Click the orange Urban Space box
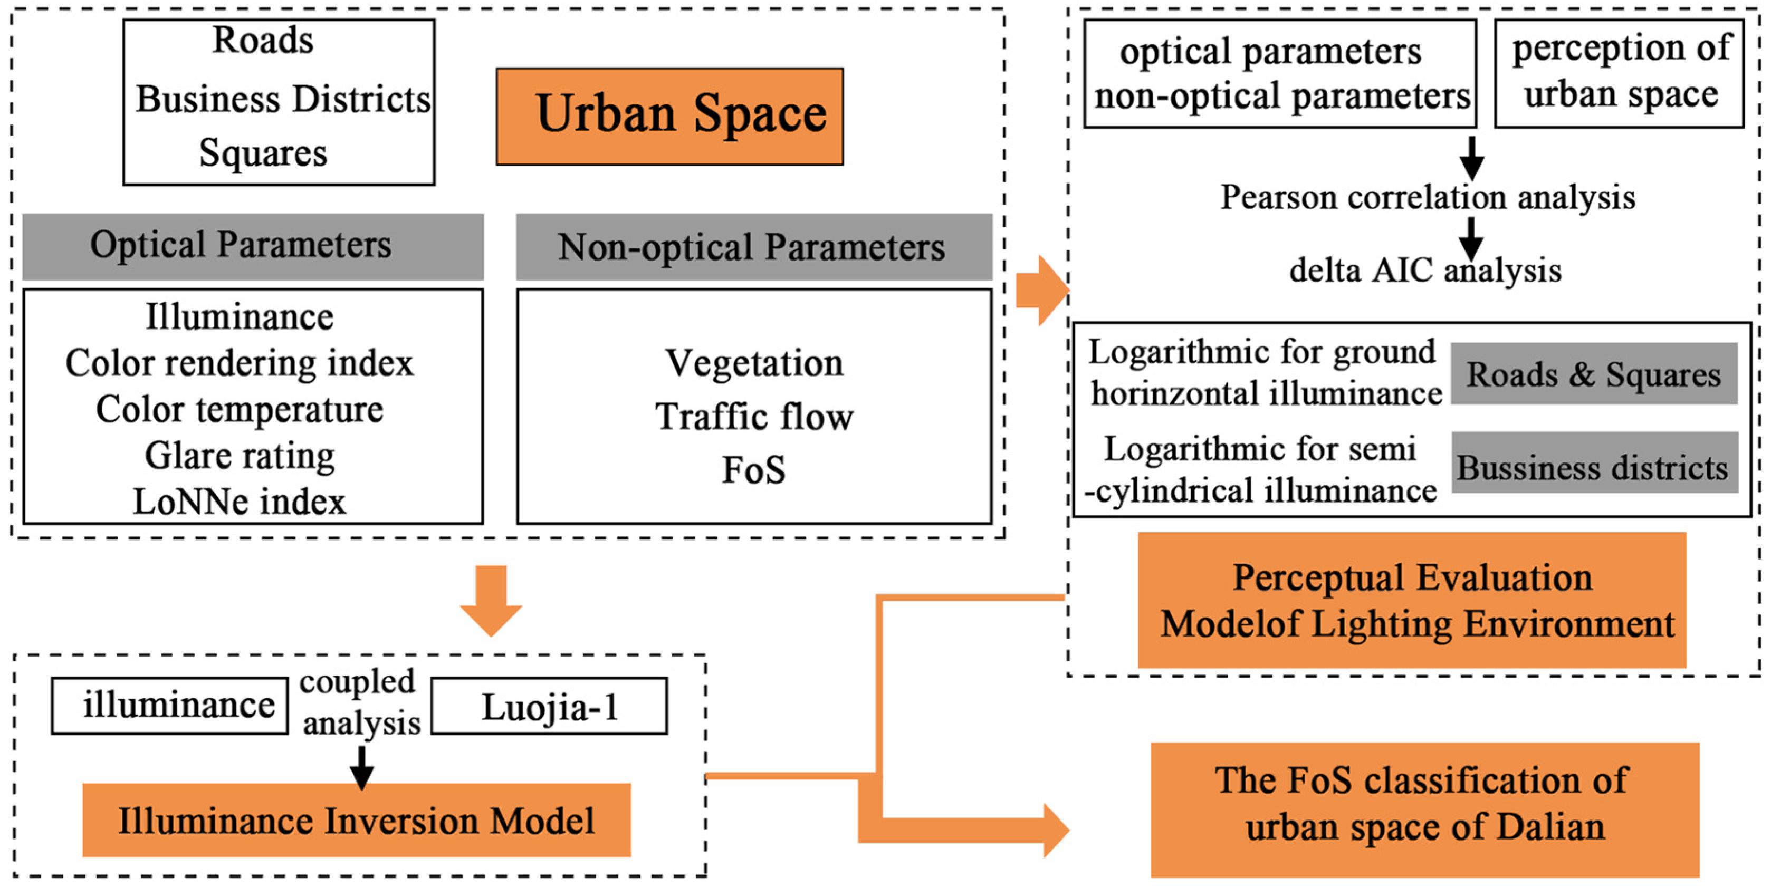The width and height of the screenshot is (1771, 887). click(x=669, y=115)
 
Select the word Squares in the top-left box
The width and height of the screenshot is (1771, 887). click(x=263, y=152)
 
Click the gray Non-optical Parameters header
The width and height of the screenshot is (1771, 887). click(x=753, y=247)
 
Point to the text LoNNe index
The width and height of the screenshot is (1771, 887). click(x=240, y=502)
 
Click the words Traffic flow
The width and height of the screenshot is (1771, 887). click(x=753, y=417)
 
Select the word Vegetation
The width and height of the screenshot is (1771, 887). click(x=753, y=363)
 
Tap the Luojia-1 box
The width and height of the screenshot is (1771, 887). click(x=549, y=706)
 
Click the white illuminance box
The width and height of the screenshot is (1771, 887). click(x=170, y=706)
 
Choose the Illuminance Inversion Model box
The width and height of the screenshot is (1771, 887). click(x=356, y=821)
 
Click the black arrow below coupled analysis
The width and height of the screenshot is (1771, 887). click(x=361, y=767)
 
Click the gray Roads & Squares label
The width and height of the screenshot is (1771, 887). click(x=1594, y=374)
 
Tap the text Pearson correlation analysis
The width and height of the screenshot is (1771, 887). click(x=1427, y=198)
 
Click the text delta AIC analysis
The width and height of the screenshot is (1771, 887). click(x=1424, y=271)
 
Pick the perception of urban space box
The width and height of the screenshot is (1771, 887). click(x=1619, y=72)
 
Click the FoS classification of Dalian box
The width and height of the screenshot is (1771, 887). click(x=1424, y=809)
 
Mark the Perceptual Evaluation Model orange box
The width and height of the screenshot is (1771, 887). click(x=1412, y=600)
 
